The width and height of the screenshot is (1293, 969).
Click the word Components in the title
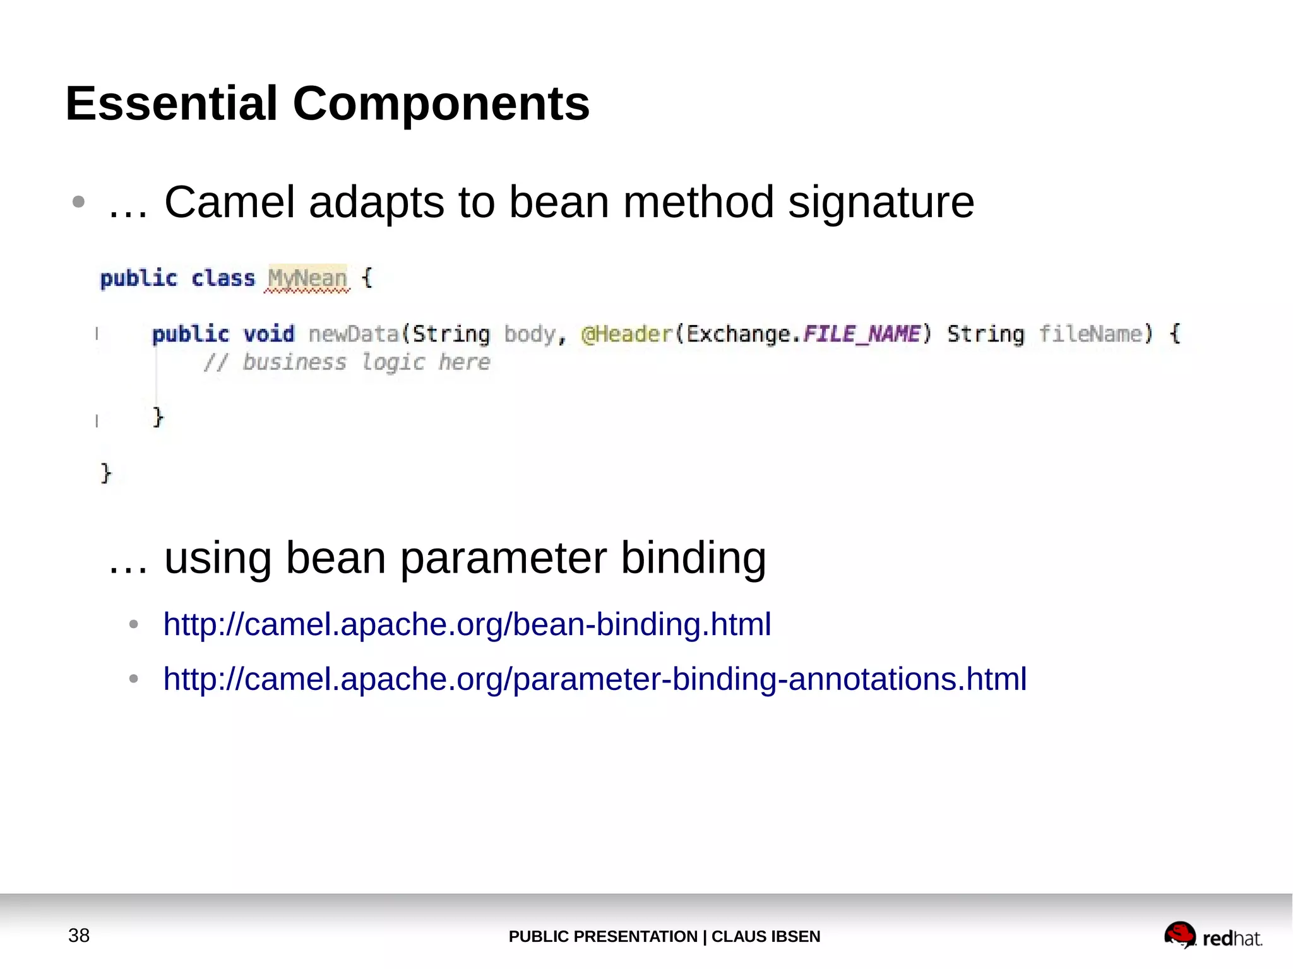[441, 104]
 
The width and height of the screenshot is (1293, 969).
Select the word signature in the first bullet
[881, 203]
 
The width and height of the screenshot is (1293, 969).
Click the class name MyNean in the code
[307, 278]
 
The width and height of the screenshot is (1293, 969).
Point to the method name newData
[354, 333]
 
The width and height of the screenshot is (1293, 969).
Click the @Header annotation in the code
[627, 333]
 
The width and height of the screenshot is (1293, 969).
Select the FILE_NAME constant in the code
[862, 333]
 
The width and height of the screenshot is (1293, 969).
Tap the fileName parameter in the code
[1091, 333]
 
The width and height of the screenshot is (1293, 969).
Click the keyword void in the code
[269, 333]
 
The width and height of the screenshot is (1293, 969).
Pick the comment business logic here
[347, 362]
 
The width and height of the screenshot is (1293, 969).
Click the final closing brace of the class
[105, 472]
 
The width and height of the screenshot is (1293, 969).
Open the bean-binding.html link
[467, 624]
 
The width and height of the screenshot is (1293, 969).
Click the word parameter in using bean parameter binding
[503, 558]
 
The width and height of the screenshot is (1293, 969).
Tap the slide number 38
[79, 935]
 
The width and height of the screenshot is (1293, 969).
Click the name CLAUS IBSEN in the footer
[766, 936]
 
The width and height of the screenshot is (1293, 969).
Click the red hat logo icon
[1179, 935]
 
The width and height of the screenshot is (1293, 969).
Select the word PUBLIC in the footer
[539, 936]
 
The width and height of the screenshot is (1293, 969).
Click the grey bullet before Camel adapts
[78, 202]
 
